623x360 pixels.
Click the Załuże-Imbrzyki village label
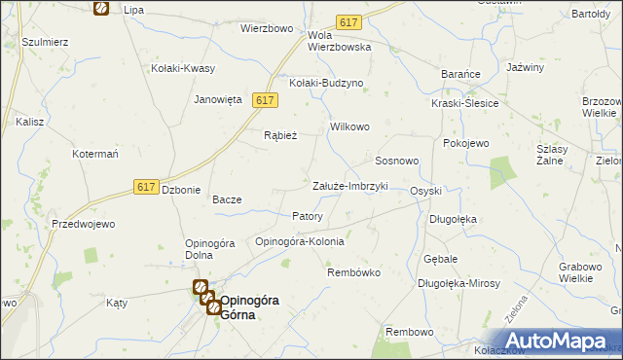pos(349,186)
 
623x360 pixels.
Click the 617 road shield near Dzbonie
pos(146,187)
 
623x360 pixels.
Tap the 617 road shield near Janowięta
pos(266,100)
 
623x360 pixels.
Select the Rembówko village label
pos(351,272)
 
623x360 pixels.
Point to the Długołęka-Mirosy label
pos(458,283)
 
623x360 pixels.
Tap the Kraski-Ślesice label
pos(465,103)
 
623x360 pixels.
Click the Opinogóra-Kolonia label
pos(299,241)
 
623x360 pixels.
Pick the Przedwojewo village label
pos(83,224)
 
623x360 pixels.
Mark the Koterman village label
pos(95,154)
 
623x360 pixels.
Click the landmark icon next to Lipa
pos(101,8)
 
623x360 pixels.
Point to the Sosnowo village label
pos(397,160)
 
